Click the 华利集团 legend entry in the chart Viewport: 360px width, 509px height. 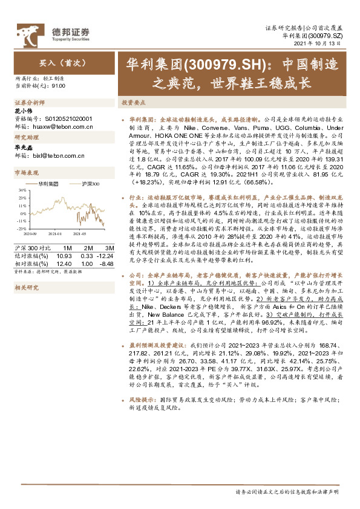coord(47,182)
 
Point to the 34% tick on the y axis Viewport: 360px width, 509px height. coord(21,189)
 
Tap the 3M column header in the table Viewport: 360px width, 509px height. coord(109,248)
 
